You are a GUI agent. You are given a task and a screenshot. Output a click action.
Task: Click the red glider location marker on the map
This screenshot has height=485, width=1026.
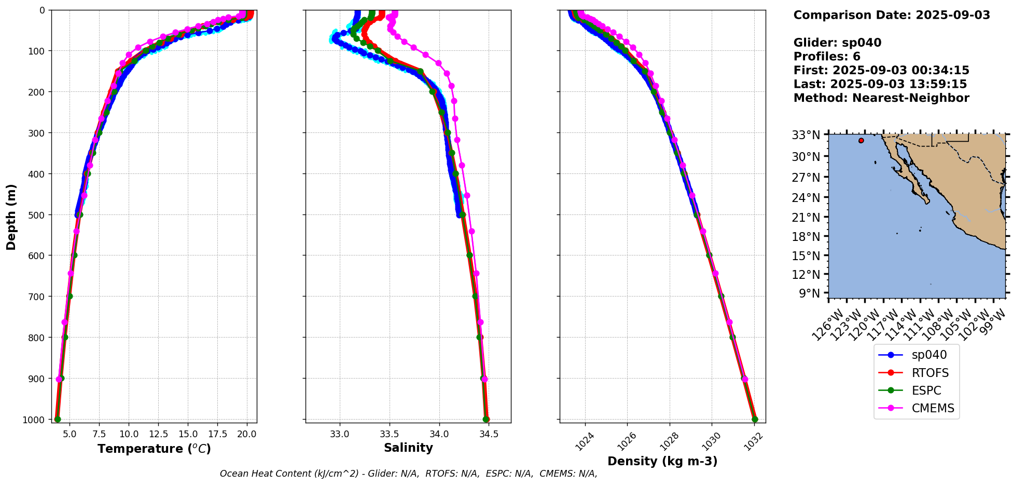[x=861, y=141]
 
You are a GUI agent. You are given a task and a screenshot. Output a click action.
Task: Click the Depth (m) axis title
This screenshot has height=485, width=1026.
[x=11, y=217]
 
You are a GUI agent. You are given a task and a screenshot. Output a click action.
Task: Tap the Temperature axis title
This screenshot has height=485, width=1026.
[x=154, y=449]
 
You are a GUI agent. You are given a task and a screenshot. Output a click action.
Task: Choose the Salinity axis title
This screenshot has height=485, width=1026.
[x=408, y=448]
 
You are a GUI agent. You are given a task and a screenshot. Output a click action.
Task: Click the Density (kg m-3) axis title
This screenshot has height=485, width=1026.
[x=662, y=461]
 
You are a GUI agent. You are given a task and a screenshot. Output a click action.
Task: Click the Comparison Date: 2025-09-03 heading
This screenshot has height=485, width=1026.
[x=892, y=15]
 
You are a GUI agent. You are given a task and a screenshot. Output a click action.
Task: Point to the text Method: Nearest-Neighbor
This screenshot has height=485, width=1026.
[x=881, y=98]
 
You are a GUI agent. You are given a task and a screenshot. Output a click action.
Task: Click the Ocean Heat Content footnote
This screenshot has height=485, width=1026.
[x=408, y=474]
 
